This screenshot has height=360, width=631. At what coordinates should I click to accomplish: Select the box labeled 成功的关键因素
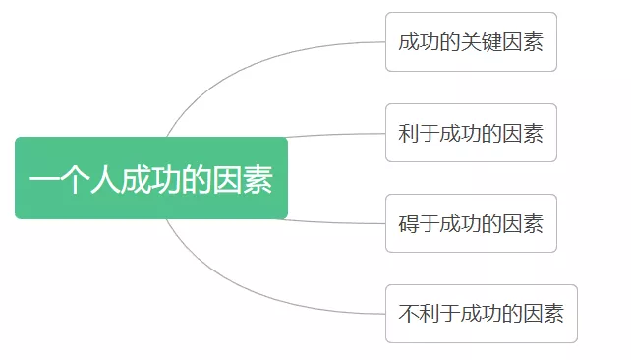pyautogui.click(x=471, y=42)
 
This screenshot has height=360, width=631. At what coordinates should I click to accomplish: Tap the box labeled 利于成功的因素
pyautogui.click(x=471, y=133)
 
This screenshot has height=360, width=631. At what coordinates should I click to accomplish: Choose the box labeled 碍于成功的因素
pyautogui.click(x=471, y=223)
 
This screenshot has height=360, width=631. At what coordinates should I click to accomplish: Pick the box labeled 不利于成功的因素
pyautogui.click(x=481, y=314)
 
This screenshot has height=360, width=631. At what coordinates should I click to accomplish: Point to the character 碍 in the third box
pyautogui.click(x=410, y=223)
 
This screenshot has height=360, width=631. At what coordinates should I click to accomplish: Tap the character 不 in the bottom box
pyautogui.click(x=410, y=314)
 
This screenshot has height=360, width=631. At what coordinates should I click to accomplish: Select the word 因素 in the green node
pyautogui.click(x=243, y=180)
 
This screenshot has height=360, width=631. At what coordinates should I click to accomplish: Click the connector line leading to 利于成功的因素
pyautogui.click(x=334, y=135)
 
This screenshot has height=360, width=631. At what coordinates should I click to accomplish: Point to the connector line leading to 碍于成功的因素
pyautogui.click(x=334, y=222)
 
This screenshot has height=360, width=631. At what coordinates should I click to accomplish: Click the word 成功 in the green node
pyautogui.click(x=150, y=180)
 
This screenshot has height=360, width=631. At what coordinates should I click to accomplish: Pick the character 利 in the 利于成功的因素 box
pyautogui.click(x=410, y=133)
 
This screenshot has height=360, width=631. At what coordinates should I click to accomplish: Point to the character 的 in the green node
pyautogui.click(x=197, y=180)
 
